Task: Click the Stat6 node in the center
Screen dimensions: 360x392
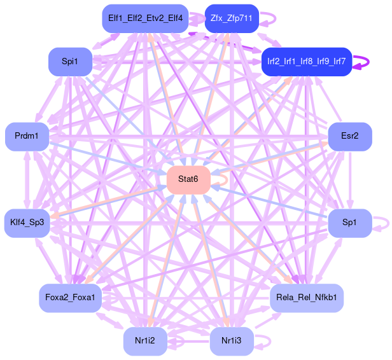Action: coord(188,180)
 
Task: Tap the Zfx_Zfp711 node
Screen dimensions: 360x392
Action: coord(232,18)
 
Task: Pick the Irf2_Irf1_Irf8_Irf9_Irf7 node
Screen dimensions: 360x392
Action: coord(307,62)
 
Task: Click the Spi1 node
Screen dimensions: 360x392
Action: coord(70,62)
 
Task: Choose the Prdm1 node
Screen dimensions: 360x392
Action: coord(27,137)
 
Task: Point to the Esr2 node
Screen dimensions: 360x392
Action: coord(350,137)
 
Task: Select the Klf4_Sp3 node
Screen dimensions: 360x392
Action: coord(27,223)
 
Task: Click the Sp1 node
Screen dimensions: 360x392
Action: coord(350,223)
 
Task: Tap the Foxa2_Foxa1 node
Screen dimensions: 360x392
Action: coord(70,298)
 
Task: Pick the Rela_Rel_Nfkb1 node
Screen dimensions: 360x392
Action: coord(307,298)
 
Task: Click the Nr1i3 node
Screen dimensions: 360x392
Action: coord(232,341)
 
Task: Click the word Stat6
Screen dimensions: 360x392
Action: coord(188,180)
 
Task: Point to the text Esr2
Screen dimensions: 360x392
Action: coord(350,137)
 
